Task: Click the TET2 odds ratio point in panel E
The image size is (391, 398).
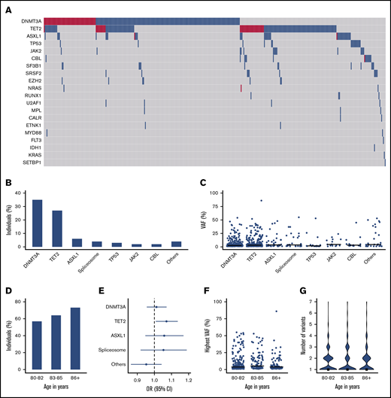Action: (165, 321)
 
